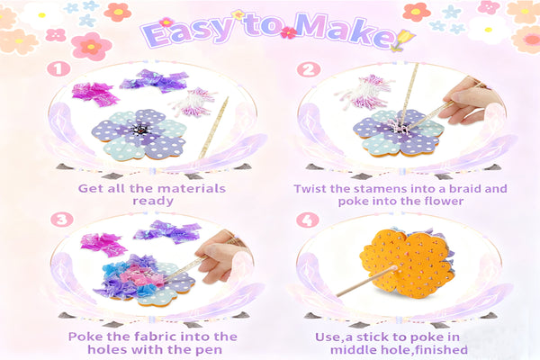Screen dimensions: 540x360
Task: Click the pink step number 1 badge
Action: coord(58,69)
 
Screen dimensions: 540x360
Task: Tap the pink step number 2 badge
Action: coord(309,69)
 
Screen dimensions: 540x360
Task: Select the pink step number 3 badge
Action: coord(62,220)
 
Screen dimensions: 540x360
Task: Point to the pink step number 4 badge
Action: coord(308,220)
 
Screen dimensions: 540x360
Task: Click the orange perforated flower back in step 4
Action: coord(407,263)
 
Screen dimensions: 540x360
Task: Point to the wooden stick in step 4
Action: coord(366,281)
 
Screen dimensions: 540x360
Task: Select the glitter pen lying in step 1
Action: coord(213,128)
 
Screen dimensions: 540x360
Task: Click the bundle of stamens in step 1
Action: coord(193,103)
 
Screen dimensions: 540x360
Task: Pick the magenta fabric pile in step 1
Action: coord(94,94)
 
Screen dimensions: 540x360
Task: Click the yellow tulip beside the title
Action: coord(403,40)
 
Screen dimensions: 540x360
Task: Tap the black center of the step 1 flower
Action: coord(140,130)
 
